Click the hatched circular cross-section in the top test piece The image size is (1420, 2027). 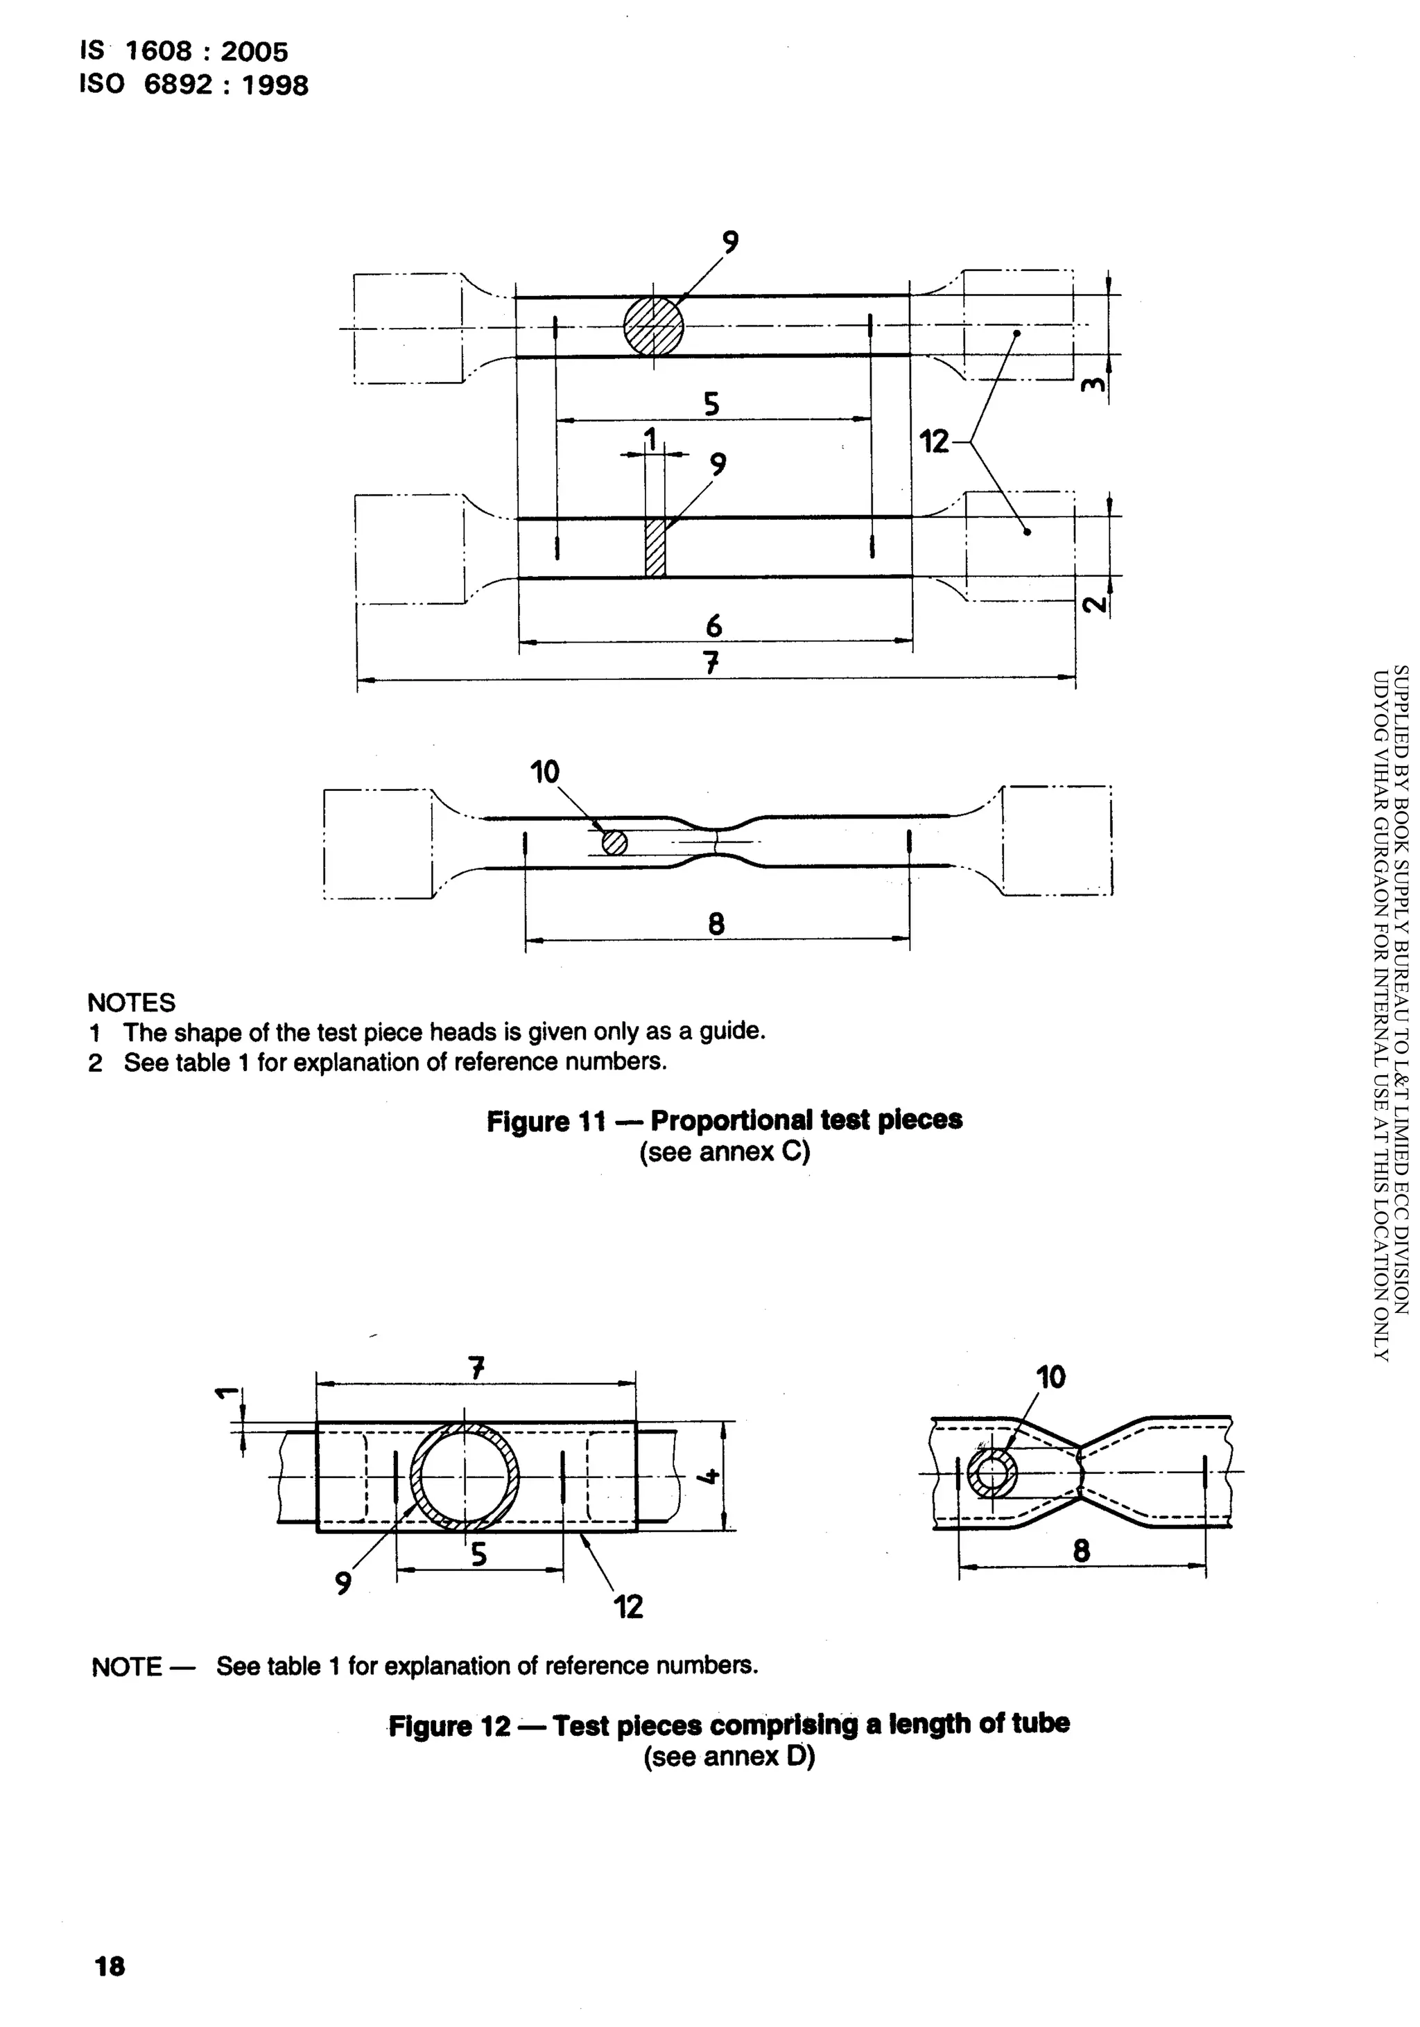652,327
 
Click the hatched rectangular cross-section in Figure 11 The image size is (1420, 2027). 655,548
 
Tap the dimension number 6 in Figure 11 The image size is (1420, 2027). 713,626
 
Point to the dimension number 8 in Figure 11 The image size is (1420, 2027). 716,924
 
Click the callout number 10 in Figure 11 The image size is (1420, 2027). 544,772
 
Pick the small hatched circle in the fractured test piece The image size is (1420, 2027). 614,843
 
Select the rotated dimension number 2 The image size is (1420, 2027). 1093,604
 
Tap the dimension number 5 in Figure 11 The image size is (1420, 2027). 711,404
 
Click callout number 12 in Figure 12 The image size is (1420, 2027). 628,1606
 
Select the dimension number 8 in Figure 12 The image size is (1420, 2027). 1081,1550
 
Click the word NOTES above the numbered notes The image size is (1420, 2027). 130,1002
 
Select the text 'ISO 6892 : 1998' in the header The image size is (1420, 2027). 193,85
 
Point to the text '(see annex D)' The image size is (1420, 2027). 729,1756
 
